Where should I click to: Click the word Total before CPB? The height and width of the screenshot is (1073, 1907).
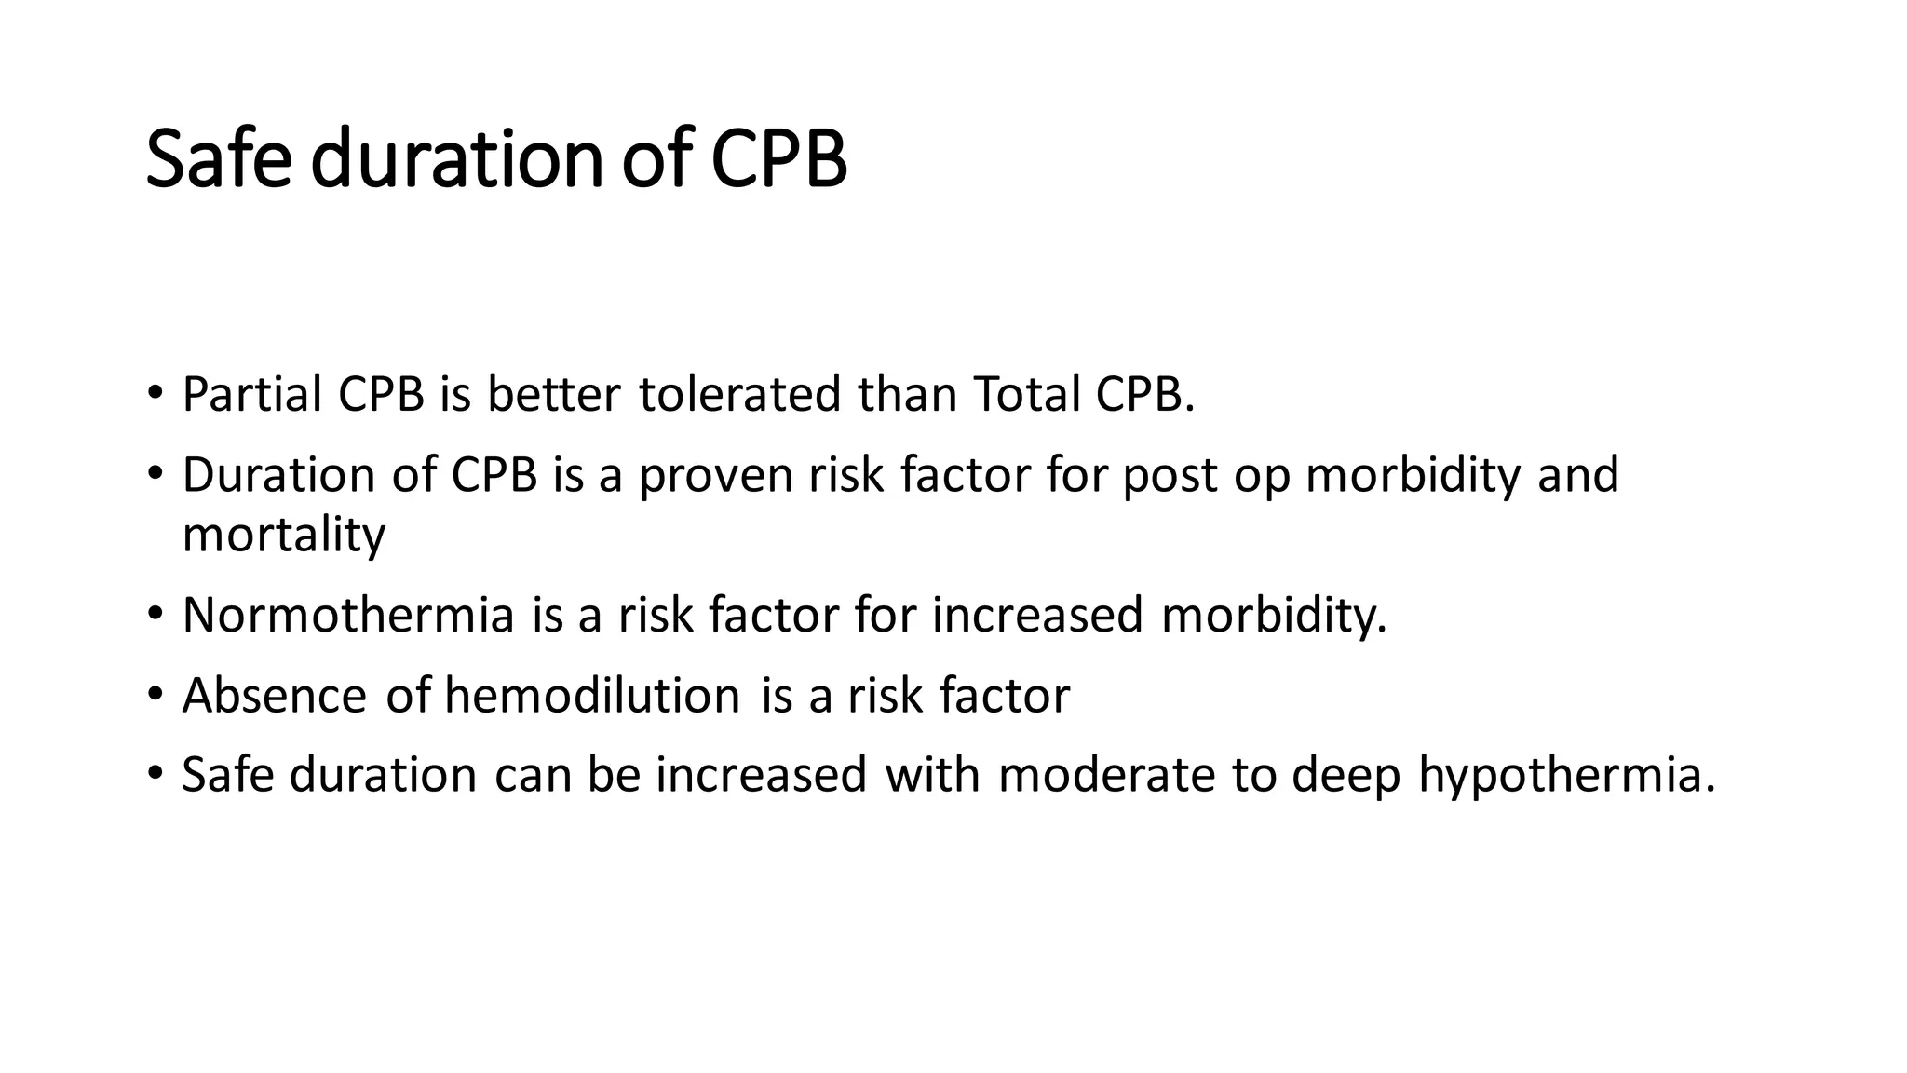coord(1027,394)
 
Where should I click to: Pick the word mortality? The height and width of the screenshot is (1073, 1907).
coord(284,535)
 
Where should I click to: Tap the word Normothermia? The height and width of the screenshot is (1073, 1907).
coord(348,616)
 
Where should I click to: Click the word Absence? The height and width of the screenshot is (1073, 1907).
coord(275,696)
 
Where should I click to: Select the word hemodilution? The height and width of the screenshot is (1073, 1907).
coord(592,696)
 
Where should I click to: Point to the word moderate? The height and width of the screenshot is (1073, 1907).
coord(1106,776)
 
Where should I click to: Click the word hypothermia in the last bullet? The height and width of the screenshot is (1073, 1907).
coord(1566,776)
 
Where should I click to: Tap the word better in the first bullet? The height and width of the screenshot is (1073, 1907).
coord(553,394)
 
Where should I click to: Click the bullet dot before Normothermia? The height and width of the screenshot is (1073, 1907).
coord(155,614)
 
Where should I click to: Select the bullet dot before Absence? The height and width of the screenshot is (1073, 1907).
coord(155,694)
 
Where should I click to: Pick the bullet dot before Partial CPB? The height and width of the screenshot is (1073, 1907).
coord(155,392)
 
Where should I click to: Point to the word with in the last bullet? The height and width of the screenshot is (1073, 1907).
coord(932,776)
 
